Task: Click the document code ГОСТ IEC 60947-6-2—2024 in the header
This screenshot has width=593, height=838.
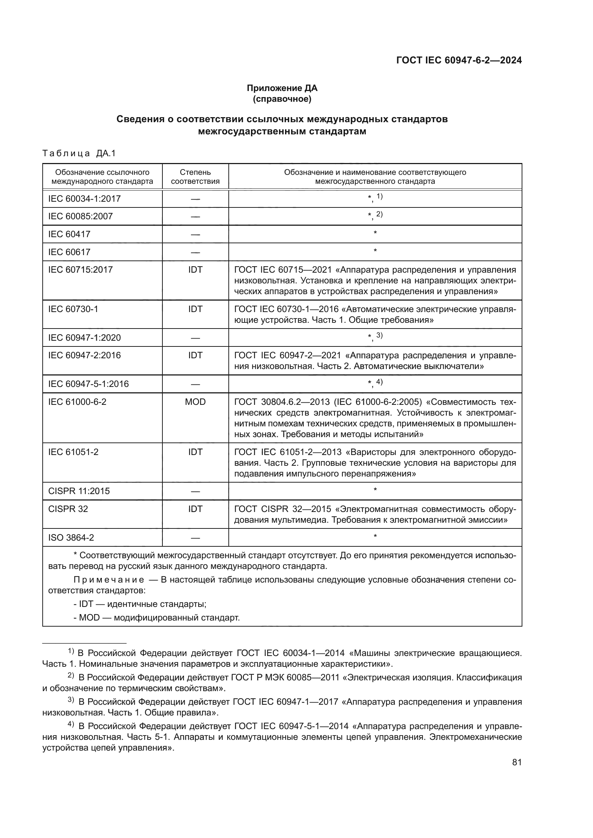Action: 459,60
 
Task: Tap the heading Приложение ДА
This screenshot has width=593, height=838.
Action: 282,88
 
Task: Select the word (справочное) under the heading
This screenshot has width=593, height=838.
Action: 282,99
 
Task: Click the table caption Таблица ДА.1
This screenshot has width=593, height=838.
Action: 79,153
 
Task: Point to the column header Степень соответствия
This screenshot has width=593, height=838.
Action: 195,177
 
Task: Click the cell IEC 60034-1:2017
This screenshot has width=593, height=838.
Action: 84,199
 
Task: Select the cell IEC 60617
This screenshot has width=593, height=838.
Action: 69,252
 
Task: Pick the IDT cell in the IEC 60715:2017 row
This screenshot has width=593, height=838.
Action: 195,270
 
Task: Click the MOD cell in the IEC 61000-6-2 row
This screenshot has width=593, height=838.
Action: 195,402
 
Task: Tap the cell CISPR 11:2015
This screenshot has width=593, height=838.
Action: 79,491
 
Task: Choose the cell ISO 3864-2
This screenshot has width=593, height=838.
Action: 71,538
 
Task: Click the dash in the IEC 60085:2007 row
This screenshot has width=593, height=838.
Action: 195,217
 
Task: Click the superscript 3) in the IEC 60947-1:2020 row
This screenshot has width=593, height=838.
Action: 379,335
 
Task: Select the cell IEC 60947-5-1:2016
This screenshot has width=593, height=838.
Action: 88,384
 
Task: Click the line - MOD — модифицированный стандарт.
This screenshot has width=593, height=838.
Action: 157,618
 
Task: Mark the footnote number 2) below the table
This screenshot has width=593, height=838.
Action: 71,676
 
